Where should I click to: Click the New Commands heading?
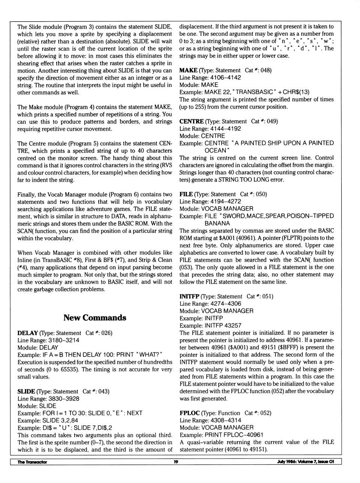click(x=94, y=318)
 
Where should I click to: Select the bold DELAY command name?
click(x=27, y=333)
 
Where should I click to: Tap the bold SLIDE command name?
click(x=26, y=392)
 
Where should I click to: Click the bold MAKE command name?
click(x=188, y=70)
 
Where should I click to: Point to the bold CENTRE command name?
click(x=191, y=121)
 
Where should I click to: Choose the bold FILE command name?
click(x=186, y=194)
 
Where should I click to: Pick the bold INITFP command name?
click(x=189, y=296)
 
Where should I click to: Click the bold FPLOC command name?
click(x=189, y=413)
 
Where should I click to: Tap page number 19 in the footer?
click(x=176, y=462)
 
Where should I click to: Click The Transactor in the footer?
click(x=32, y=462)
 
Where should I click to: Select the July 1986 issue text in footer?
click(x=305, y=462)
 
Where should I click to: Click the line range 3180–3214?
click(x=64, y=341)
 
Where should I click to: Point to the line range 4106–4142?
click(x=225, y=78)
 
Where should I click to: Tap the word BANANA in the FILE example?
click(x=217, y=224)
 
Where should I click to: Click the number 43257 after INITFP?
click(x=233, y=326)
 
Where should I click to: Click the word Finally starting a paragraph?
click(x=26, y=195)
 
